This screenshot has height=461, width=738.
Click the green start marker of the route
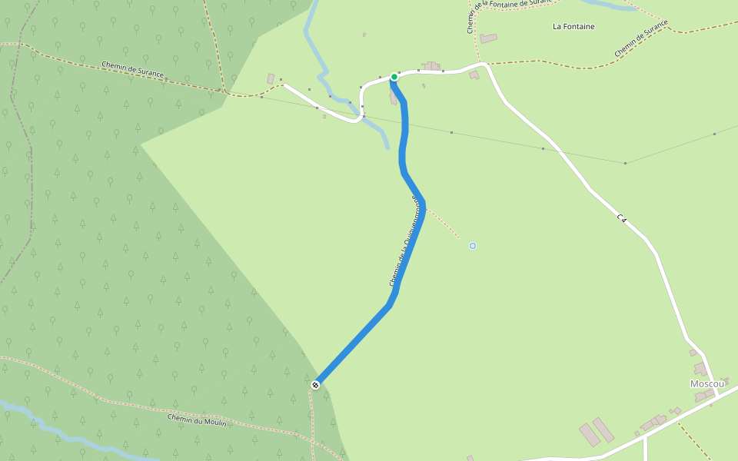pyautogui.click(x=394, y=77)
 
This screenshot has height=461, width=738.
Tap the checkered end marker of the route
pyautogui.click(x=315, y=384)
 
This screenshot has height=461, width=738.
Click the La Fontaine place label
pyautogui.click(x=573, y=26)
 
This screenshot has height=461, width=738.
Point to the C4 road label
pyautogui.click(x=622, y=219)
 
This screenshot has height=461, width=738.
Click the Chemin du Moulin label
pyautogui.click(x=198, y=420)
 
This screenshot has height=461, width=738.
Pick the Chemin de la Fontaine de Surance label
pyautogui.click(x=508, y=15)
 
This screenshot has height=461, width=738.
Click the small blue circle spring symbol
pyautogui.click(x=473, y=246)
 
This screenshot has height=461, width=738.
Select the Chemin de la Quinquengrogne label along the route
pyautogui.click(x=405, y=242)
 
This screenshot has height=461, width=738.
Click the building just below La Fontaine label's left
pyautogui.click(x=489, y=38)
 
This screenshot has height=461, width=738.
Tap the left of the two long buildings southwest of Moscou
pyautogui.click(x=590, y=434)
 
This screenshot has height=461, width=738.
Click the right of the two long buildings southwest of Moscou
pyautogui.click(x=603, y=429)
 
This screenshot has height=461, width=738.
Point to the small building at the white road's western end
pyautogui.click(x=271, y=78)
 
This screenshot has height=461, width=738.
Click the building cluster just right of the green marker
pyautogui.click(x=431, y=67)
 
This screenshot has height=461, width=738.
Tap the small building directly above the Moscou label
pyautogui.click(x=700, y=369)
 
